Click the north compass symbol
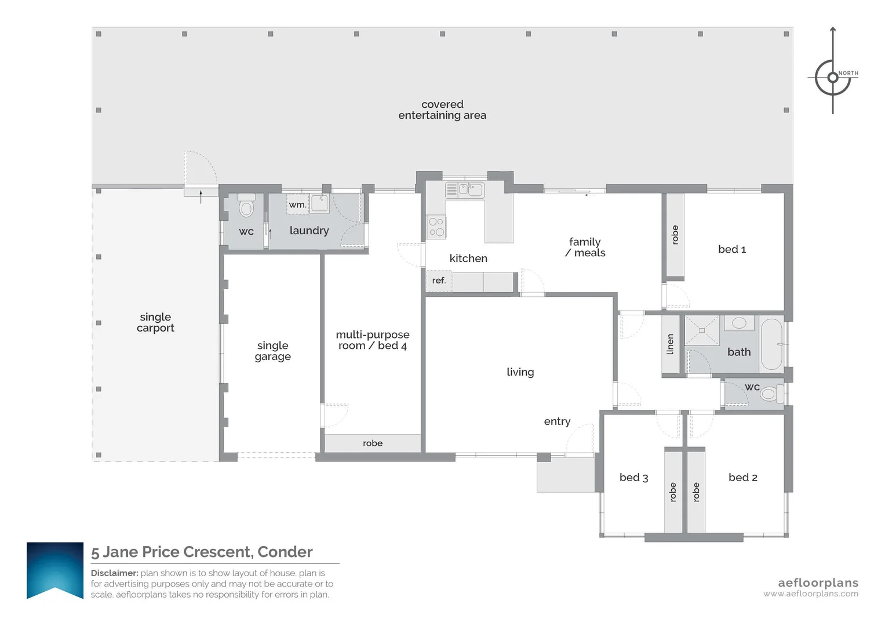833,77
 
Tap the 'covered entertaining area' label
442,110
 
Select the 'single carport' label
155,322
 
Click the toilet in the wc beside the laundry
246,207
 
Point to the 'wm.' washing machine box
297,205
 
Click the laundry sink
319,203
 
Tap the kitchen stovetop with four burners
436,227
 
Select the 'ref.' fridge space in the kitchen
439,281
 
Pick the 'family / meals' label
585,247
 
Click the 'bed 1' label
731,249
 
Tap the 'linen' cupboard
671,344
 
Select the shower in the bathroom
702,330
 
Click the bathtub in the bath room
771,344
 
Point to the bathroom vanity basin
739,323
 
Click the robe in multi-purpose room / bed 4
373,443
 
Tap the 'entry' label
557,421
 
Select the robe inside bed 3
673,492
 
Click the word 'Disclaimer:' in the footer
114,573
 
